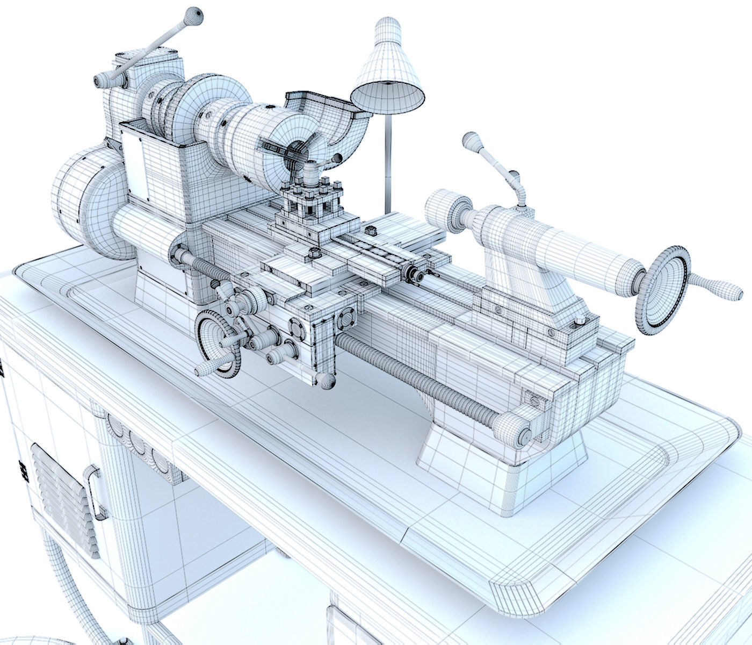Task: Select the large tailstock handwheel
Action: [664, 290]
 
